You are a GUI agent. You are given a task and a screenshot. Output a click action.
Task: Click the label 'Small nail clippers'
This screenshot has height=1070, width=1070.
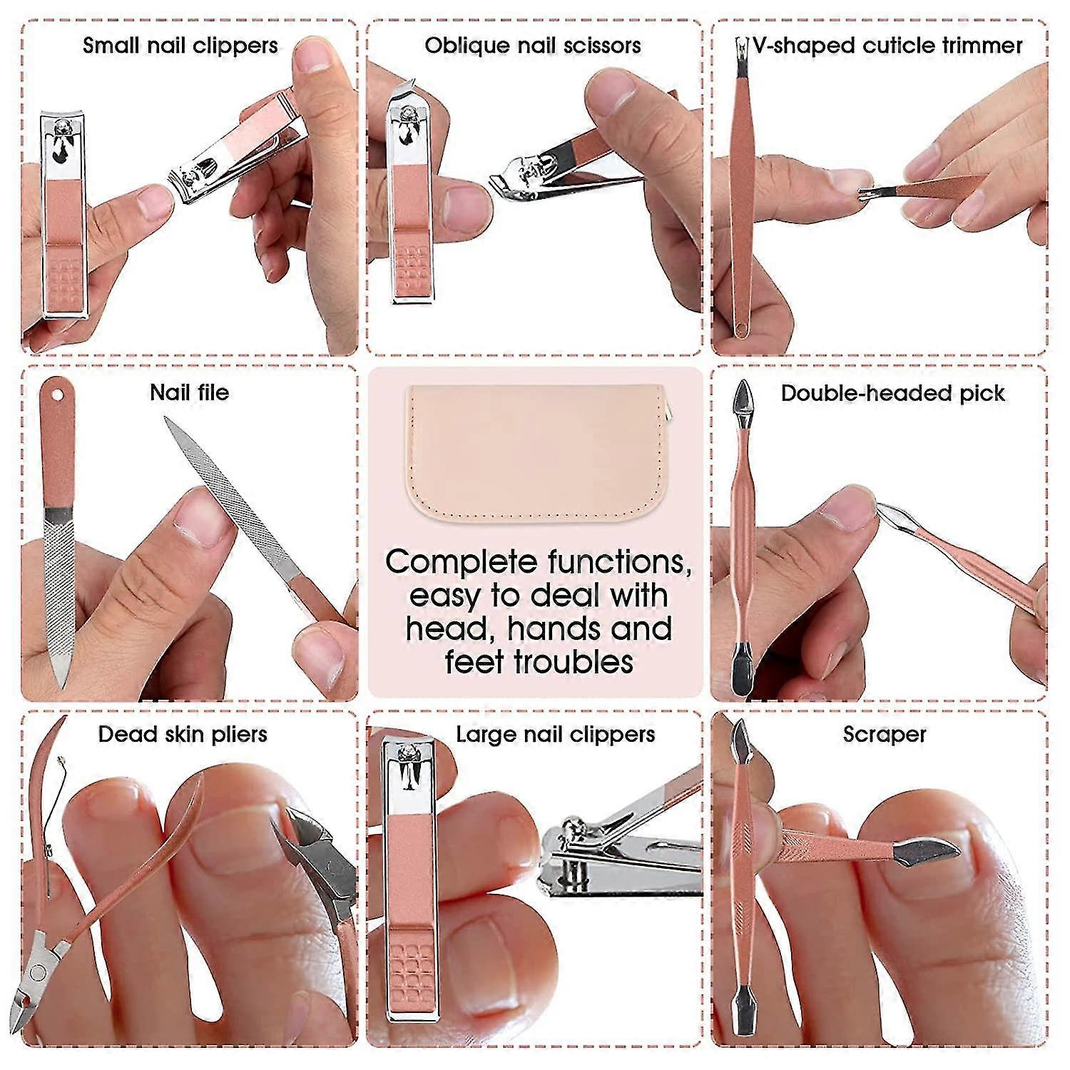180,46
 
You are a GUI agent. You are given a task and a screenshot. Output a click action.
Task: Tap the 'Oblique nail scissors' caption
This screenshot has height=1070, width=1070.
533,46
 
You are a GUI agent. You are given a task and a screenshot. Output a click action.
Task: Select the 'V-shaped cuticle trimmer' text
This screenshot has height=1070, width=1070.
887,46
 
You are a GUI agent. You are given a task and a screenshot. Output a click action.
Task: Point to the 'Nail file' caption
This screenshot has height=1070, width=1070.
190,392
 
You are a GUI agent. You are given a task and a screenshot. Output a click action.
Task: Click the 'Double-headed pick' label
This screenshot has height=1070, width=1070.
892,393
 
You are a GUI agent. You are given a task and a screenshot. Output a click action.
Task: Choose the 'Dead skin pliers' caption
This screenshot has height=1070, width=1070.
183,734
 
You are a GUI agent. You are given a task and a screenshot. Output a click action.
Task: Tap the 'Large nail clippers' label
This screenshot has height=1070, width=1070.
555,734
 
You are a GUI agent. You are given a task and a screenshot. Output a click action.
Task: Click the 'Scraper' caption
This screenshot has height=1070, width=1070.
885,734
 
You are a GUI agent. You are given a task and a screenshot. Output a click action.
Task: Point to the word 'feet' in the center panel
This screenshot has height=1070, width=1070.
474,662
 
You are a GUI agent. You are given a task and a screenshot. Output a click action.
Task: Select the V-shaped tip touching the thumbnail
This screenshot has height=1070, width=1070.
865,191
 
